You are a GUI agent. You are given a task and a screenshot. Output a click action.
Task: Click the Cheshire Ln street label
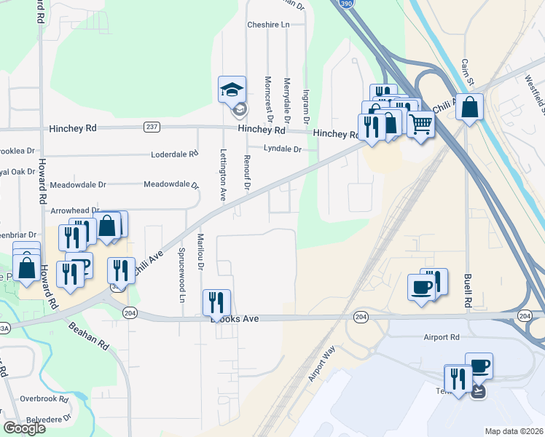click(x=268, y=24)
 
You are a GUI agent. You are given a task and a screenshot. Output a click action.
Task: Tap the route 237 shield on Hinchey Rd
click(x=151, y=127)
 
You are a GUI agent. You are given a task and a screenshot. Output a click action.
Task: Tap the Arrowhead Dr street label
click(x=74, y=210)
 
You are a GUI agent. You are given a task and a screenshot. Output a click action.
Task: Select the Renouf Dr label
click(x=247, y=173)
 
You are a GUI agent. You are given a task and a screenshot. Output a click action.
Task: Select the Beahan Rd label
click(x=90, y=337)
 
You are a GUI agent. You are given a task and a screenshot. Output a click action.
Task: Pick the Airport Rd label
click(x=442, y=337)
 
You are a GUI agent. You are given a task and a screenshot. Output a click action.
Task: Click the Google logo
click(x=25, y=428)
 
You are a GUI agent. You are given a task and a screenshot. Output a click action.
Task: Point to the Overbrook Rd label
click(x=44, y=398)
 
